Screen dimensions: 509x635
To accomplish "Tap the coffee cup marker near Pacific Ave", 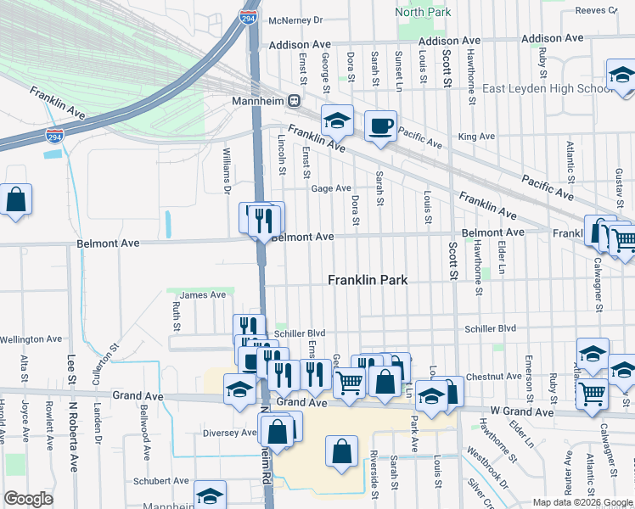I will [379, 126].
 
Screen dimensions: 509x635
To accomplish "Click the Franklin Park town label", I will [368, 280].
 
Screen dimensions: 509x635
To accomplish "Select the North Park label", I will [423, 12].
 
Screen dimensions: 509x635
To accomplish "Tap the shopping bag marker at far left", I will [16, 200].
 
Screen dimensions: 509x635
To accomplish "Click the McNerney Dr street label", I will [295, 20].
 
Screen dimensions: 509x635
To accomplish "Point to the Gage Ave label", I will [331, 188].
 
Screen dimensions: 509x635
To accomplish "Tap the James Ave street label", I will [203, 295].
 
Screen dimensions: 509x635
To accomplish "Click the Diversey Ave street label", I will [229, 433].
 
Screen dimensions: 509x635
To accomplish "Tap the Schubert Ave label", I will [160, 481].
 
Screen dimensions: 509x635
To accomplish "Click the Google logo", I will [29, 499].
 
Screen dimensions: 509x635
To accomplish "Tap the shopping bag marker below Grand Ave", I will [340, 453].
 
